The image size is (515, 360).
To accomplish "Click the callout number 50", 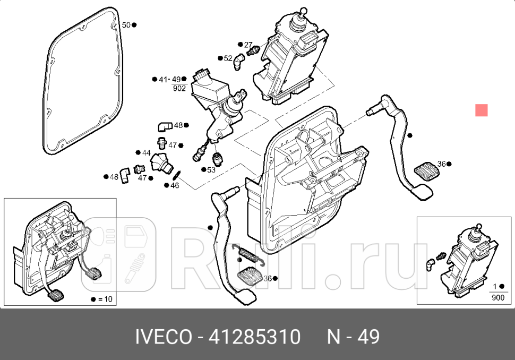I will click(x=126, y=25).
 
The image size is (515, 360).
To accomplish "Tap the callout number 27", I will click(x=248, y=45).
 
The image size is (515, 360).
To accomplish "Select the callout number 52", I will click(x=228, y=58).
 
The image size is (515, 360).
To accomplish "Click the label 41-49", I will click(x=170, y=80).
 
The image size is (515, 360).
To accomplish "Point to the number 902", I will click(x=179, y=89).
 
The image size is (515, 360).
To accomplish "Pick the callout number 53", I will click(x=211, y=170).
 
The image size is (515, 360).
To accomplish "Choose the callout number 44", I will click(x=145, y=153).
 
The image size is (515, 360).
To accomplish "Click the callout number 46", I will click(x=175, y=185).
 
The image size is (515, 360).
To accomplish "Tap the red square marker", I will click(x=481, y=110).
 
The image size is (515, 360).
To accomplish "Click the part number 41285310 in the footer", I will click(x=255, y=337).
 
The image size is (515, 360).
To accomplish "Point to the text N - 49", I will click(x=353, y=337).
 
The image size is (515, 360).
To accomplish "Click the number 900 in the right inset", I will click(x=497, y=298).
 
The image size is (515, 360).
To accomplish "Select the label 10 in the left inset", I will click(x=107, y=299).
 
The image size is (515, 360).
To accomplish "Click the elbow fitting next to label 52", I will click(x=240, y=62).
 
